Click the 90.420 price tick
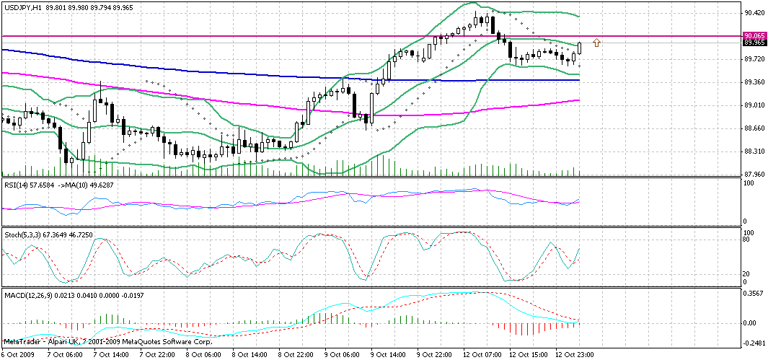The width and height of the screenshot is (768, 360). [x=754, y=13]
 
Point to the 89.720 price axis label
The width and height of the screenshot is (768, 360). [x=754, y=59]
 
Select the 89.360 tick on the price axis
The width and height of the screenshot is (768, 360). [x=754, y=82]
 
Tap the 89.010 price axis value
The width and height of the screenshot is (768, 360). [x=754, y=105]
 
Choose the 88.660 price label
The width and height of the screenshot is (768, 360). [x=754, y=128]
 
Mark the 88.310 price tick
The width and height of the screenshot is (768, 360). [x=754, y=152]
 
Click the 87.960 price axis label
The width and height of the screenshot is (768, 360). [x=754, y=174]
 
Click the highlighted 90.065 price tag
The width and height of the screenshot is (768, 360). [x=754, y=35]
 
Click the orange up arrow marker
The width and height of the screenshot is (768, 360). [x=596, y=43]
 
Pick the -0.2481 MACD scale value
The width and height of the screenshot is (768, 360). [x=754, y=343]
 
